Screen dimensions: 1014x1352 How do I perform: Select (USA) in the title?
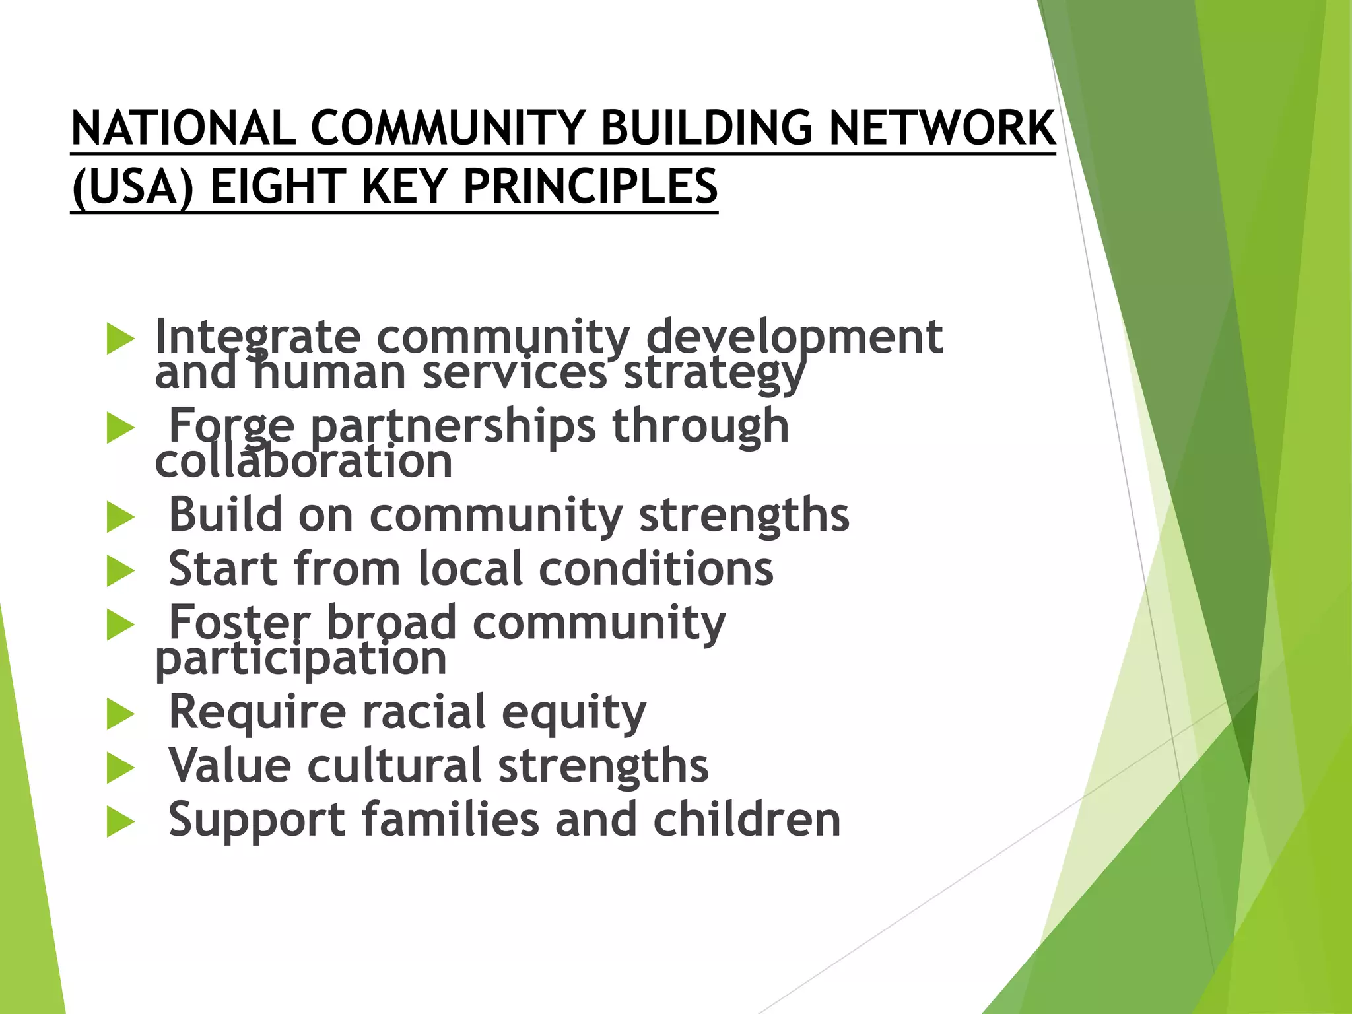click(133, 187)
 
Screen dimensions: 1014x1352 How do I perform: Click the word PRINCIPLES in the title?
click(590, 187)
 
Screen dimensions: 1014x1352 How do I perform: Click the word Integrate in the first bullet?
click(257, 337)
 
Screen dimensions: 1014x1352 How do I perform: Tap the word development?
click(794, 337)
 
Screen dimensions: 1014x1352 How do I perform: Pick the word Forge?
click(232, 426)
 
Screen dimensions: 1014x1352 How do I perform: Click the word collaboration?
click(304, 461)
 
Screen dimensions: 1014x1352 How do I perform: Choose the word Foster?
click(239, 623)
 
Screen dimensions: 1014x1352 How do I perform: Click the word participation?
click(301, 658)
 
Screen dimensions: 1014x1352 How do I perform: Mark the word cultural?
click(394, 766)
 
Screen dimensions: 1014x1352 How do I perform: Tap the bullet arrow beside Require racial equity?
click(120, 715)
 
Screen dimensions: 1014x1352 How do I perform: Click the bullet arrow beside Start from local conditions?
click(120, 571)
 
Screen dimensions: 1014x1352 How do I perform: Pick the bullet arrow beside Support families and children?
click(120, 823)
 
